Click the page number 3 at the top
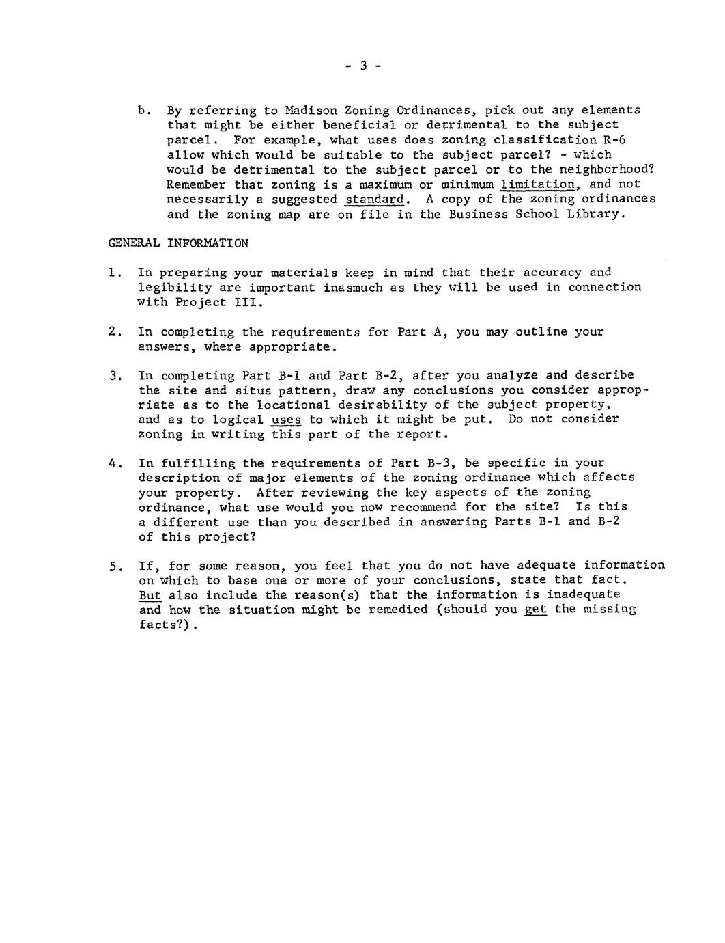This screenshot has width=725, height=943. click(x=363, y=66)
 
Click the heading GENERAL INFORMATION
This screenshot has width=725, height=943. click(x=178, y=243)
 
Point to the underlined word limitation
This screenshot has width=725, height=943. click(x=537, y=184)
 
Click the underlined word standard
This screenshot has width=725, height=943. click(x=375, y=200)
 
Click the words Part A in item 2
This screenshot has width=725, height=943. click(x=423, y=332)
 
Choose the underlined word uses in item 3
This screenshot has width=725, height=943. click(x=286, y=420)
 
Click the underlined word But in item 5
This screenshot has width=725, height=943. click(x=150, y=594)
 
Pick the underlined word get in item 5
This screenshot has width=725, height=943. click(x=535, y=610)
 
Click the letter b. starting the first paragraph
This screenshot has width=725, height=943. click(x=143, y=110)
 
